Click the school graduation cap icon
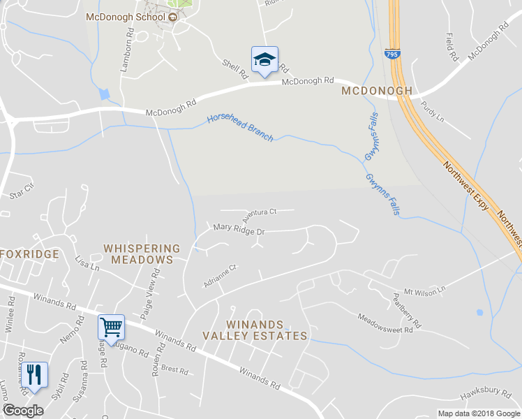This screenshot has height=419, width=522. click(x=264, y=59)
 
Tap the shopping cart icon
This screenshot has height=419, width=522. click(x=110, y=326)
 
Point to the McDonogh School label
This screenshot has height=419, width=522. click(x=126, y=17)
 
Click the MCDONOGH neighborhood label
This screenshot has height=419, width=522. click(x=377, y=91)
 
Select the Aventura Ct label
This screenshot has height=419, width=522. click(x=260, y=212)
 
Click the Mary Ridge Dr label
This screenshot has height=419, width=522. click(x=239, y=228)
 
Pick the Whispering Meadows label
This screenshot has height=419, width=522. click(x=141, y=254)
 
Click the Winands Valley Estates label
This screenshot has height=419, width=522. click(x=255, y=330)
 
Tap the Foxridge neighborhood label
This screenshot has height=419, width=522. click(x=29, y=254)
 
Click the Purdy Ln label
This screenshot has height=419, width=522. click(x=433, y=112)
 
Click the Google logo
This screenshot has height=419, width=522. click(x=24, y=411)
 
